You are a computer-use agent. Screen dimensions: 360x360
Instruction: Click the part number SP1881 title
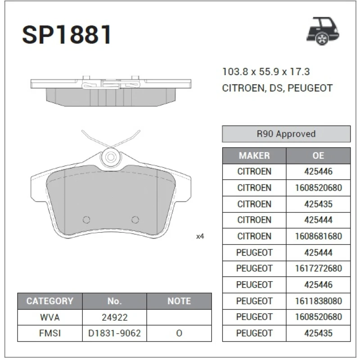[67, 35]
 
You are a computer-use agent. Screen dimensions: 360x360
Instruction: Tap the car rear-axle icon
[323, 31]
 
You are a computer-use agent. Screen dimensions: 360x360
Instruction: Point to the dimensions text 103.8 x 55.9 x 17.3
[266, 72]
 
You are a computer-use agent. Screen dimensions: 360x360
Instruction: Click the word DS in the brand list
[276, 88]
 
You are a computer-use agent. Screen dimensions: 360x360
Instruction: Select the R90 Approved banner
[286, 134]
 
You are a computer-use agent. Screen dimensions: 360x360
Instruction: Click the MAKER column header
[254, 156]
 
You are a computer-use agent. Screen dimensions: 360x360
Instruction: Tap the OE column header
[318, 156]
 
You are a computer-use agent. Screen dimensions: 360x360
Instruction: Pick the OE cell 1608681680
[318, 236]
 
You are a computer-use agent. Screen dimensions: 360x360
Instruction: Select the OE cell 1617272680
[318, 268]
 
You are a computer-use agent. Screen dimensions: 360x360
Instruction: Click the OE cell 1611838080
[318, 301]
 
